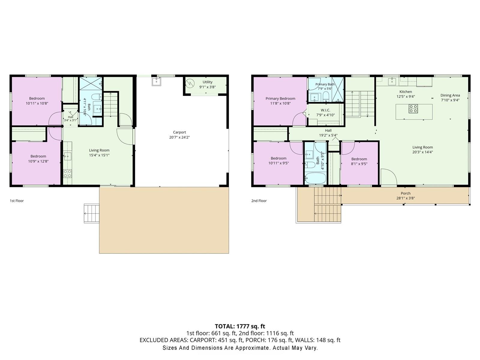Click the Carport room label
[x=179, y=132]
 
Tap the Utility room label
[x=207, y=82]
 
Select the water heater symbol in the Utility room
[x=190, y=83]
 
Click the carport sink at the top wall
[x=157, y=82]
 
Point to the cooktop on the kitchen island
[x=413, y=109]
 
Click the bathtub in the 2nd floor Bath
[x=315, y=178]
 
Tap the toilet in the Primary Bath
[x=326, y=96]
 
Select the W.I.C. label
[x=325, y=110]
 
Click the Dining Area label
[x=450, y=95]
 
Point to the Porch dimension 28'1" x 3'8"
[x=405, y=198]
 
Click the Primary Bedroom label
[x=280, y=99]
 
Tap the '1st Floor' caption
[x=16, y=201]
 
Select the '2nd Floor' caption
[x=259, y=201]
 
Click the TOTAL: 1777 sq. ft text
[x=240, y=326]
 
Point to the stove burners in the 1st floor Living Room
[x=67, y=174]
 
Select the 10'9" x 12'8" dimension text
[x=38, y=161]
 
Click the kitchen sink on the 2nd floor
[x=392, y=81]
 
